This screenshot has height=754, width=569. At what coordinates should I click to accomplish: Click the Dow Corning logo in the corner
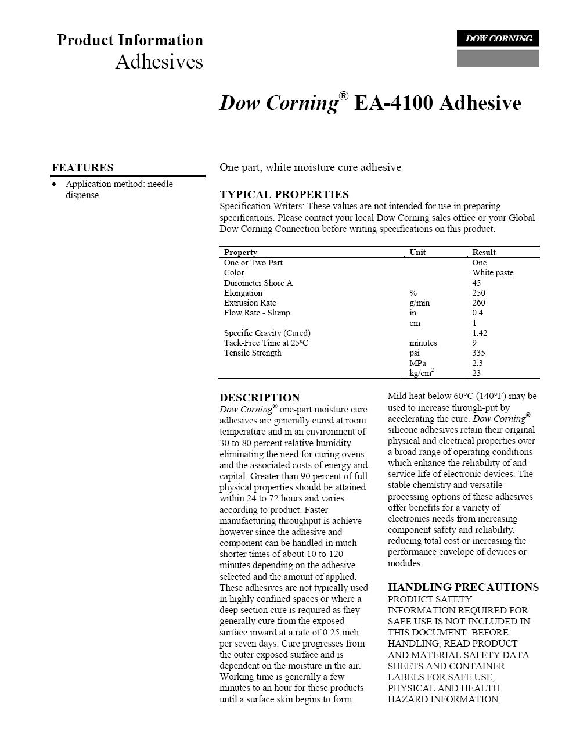[x=498, y=39]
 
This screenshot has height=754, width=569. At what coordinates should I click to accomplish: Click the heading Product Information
[x=130, y=40]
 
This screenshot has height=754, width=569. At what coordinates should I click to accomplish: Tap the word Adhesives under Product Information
[x=159, y=62]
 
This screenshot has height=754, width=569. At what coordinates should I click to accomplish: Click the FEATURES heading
[x=82, y=168]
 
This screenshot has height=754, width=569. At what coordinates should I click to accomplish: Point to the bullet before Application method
[x=55, y=184]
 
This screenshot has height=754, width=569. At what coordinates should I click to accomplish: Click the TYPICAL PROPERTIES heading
[x=284, y=195]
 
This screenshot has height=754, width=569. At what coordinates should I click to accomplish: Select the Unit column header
[x=417, y=252]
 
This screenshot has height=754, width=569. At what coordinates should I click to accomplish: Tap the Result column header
[x=484, y=252]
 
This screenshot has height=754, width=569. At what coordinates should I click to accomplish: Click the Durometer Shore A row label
[x=258, y=283]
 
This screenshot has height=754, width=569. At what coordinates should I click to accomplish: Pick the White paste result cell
[x=492, y=272]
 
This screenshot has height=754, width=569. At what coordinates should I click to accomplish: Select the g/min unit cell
[x=419, y=303]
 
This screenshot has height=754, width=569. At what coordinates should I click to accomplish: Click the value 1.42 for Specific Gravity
[x=480, y=333]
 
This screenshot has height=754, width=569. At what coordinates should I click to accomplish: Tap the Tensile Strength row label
[x=253, y=353]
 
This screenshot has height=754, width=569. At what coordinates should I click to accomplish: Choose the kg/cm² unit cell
[x=422, y=373]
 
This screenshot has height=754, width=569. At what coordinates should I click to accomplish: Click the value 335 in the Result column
[x=478, y=353]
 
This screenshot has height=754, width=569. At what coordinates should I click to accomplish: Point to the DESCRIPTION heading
[x=260, y=398]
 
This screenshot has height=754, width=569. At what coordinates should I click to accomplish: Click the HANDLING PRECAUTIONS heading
[x=463, y=587]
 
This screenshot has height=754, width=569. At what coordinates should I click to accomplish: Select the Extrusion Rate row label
[x=250, y=303]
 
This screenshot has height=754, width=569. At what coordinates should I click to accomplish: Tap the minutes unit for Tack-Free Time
[x=423, y=343]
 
